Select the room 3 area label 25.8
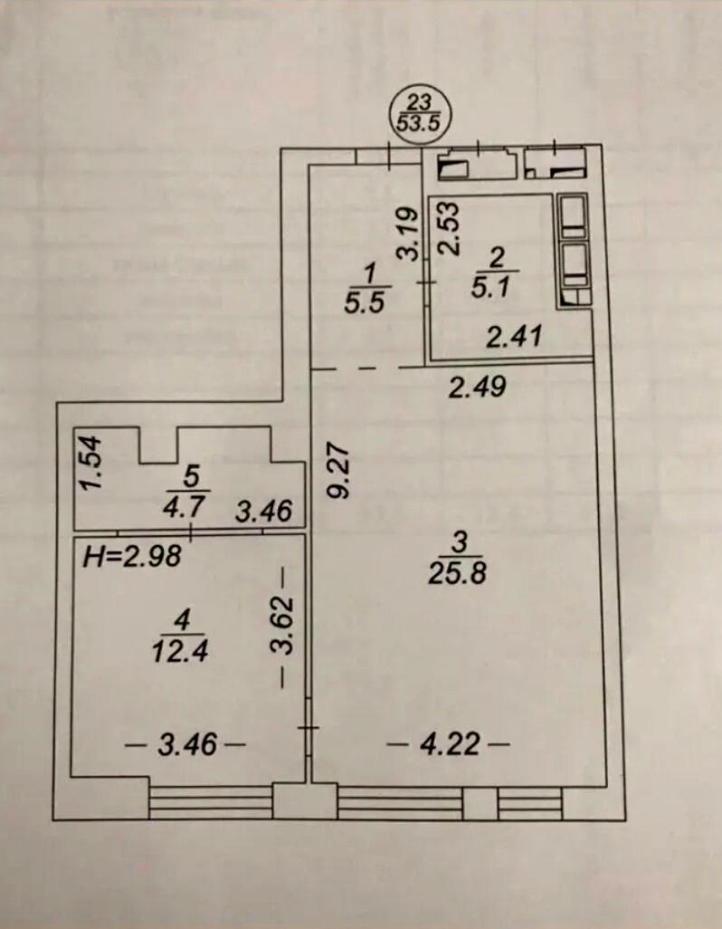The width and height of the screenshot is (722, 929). pos(459,559)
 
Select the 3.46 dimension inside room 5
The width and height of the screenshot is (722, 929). pos(263,512)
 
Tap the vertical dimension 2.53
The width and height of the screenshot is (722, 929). pos(451,229)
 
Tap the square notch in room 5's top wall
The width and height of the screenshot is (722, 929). pos(158,444)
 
